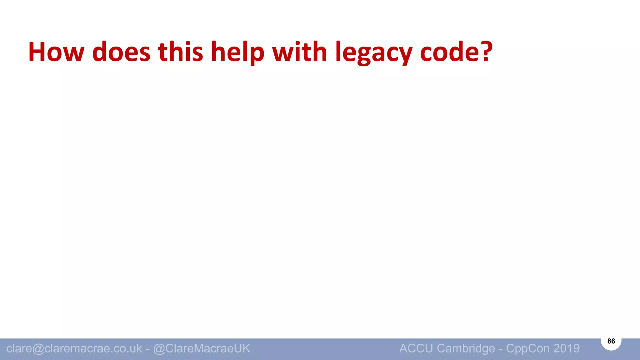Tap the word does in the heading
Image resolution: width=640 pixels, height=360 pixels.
121,52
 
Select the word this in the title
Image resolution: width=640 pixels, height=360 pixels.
181,52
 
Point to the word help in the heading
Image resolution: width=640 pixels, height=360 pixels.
237,52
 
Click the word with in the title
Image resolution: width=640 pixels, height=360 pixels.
300,52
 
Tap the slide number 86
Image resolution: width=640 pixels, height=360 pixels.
611,341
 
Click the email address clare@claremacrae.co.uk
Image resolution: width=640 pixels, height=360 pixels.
74,348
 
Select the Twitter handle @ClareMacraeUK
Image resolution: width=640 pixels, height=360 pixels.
202,348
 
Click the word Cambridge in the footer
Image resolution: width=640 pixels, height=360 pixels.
466,348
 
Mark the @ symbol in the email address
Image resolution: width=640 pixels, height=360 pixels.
38,348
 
